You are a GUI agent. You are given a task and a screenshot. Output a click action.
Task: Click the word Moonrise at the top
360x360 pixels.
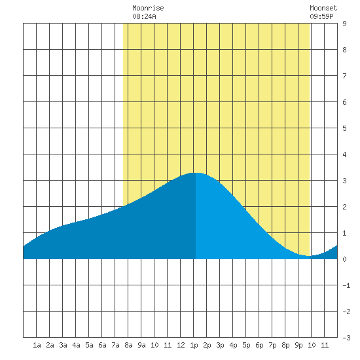coord(148,8)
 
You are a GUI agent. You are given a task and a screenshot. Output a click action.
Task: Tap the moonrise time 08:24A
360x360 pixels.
coord(144,16)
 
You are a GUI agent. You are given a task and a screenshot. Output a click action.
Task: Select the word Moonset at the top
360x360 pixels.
coord(323,8)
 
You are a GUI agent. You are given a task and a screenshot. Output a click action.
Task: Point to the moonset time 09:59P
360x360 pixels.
coord(321,16)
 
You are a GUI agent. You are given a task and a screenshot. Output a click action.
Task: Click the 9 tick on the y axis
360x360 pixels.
coord(344,24)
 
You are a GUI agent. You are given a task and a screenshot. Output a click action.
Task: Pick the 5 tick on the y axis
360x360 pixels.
coord(344,128)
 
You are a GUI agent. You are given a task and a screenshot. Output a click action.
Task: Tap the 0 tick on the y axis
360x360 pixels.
coord(344,259)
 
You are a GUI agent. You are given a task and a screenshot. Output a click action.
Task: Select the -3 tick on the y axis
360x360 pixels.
coord(346,338)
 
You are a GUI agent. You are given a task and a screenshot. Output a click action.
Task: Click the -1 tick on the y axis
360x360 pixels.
coord(346,285)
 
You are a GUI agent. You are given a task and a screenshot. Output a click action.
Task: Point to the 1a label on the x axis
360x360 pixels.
coord(37,345)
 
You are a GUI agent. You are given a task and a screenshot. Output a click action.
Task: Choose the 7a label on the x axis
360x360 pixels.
coord(115,345)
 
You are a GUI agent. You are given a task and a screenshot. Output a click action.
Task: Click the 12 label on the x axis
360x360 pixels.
coord(181,345)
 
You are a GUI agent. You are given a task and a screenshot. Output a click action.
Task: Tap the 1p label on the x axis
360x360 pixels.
coord(194,346)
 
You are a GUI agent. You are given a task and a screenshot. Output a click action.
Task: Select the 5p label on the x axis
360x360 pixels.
coord(246,346)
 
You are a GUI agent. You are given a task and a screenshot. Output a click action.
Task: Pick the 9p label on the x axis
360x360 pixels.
coord(298,346)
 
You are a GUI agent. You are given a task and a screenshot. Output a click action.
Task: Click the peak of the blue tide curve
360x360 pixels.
coord(196,173)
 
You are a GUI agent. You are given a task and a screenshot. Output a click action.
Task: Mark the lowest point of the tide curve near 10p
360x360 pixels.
coord(308,256)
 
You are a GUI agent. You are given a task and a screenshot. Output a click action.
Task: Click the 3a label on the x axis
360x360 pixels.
coord(63,345)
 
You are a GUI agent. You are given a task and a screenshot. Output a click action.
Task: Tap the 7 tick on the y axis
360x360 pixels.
coord(344,76)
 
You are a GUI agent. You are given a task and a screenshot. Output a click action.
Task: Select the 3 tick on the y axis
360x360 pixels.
coord(344,181)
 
